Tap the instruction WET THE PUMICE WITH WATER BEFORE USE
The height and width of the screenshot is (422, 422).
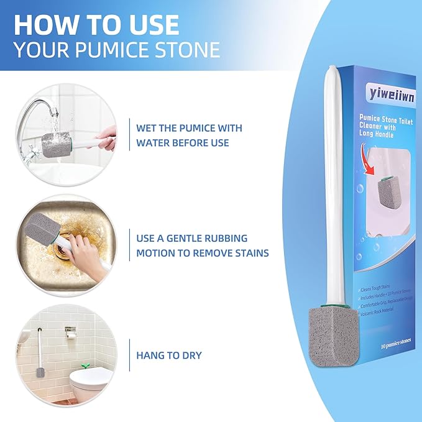[189, 135]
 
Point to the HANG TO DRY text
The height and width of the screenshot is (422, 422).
[168, 355]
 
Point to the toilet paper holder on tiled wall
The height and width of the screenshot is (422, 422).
[70, 331]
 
